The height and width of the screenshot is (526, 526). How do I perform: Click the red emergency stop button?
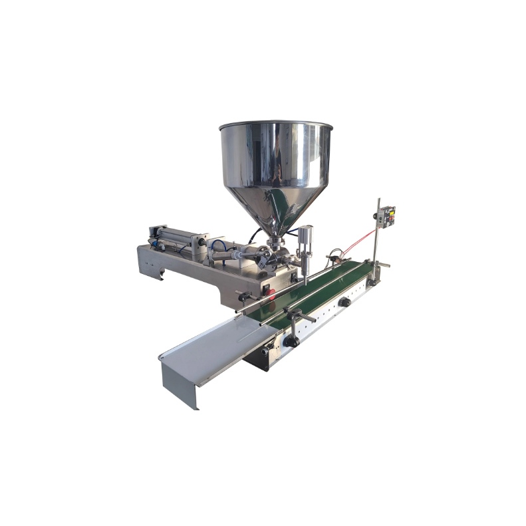tap(269, 290)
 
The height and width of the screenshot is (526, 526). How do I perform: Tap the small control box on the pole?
tap(386, 216)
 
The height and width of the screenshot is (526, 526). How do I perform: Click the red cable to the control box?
tap(362, 238)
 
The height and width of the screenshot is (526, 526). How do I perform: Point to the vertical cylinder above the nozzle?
tap(305, 239)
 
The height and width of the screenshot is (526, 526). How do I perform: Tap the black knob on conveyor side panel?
tap(344, 302)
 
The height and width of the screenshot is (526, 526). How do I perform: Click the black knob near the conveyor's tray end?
tap(289, 340)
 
